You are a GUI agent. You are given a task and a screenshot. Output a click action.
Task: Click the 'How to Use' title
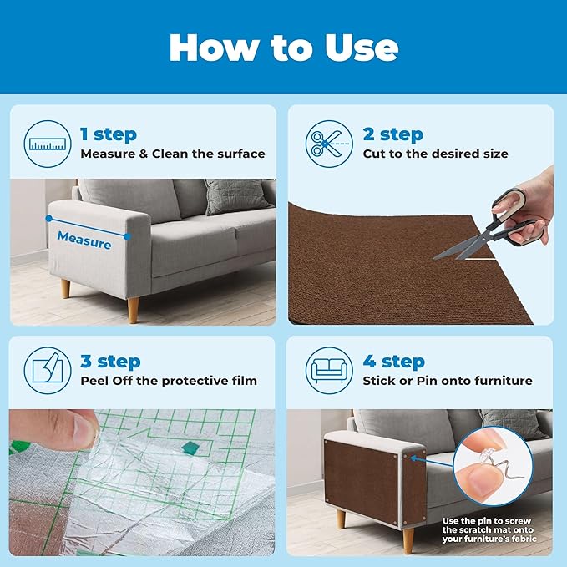pyautogui.click(x=283, y=48)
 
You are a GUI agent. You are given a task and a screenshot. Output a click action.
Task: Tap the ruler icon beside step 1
pyautogui.click(x=48, y=143)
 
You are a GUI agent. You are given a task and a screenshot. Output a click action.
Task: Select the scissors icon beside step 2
pyautogui.click(x=328, y=143)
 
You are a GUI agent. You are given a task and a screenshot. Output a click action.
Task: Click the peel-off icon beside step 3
pyautogui.click(x=48, y=370)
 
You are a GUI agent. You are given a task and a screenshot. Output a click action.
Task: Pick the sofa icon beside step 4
pyautogui.click(x=328, y=370)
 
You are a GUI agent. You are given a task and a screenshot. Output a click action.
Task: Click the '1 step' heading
pyautogui.click(x=109, y=134)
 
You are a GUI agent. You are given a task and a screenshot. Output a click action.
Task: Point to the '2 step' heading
pyautogui.click(x=392, y=134)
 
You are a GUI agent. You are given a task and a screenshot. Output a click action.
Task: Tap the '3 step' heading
pyautogui.click(x=110, y=362)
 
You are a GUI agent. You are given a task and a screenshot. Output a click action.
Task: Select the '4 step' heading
pyautogui.click(x=392, y=362)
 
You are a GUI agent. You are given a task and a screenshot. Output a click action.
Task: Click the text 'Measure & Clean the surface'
pyautogui.click(x=173, y=154)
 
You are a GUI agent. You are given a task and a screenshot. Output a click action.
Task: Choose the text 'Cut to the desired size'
pyautogui.click(x=435, y=154)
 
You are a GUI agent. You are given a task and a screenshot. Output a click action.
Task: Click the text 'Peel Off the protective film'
pyautogui.click(x=169, y=381)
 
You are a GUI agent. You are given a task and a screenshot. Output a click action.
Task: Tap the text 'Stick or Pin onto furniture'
pyautogui.click(x=447, y=381)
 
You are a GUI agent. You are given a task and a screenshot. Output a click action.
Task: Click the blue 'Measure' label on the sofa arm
pyautogui.click(x=84, y=243)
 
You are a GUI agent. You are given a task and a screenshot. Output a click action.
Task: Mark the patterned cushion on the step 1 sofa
pyautogui.click(x=226, y=197)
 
